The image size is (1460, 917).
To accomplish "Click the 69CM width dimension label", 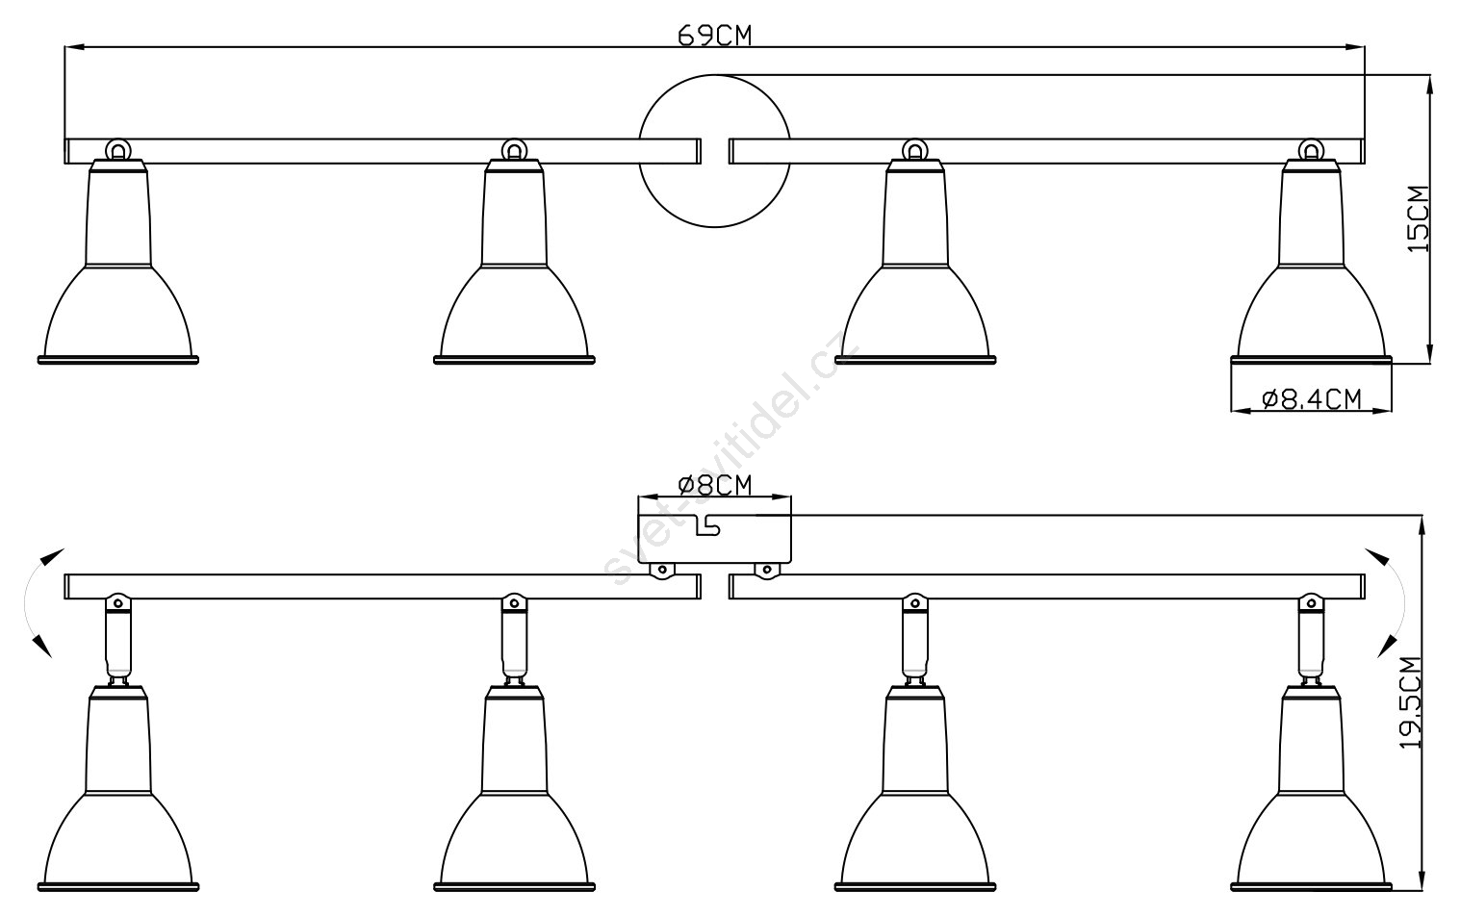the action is point(714,36).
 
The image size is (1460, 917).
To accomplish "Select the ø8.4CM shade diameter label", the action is point(1312,399).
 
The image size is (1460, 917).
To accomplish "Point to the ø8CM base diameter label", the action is point(714,486).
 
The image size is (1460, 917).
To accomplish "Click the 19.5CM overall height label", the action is point(1411,701).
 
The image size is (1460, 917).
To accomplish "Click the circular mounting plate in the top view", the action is point(715,75).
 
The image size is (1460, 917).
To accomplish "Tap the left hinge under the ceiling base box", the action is point(662,571).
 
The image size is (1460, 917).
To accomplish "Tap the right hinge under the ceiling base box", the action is point(766,571).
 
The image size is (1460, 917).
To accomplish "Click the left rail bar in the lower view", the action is point(383,574).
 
